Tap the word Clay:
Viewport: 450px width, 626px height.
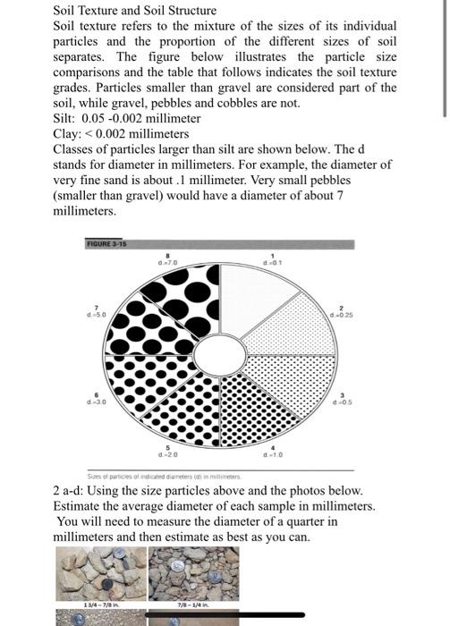69,133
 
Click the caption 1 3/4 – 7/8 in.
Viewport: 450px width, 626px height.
98,604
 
